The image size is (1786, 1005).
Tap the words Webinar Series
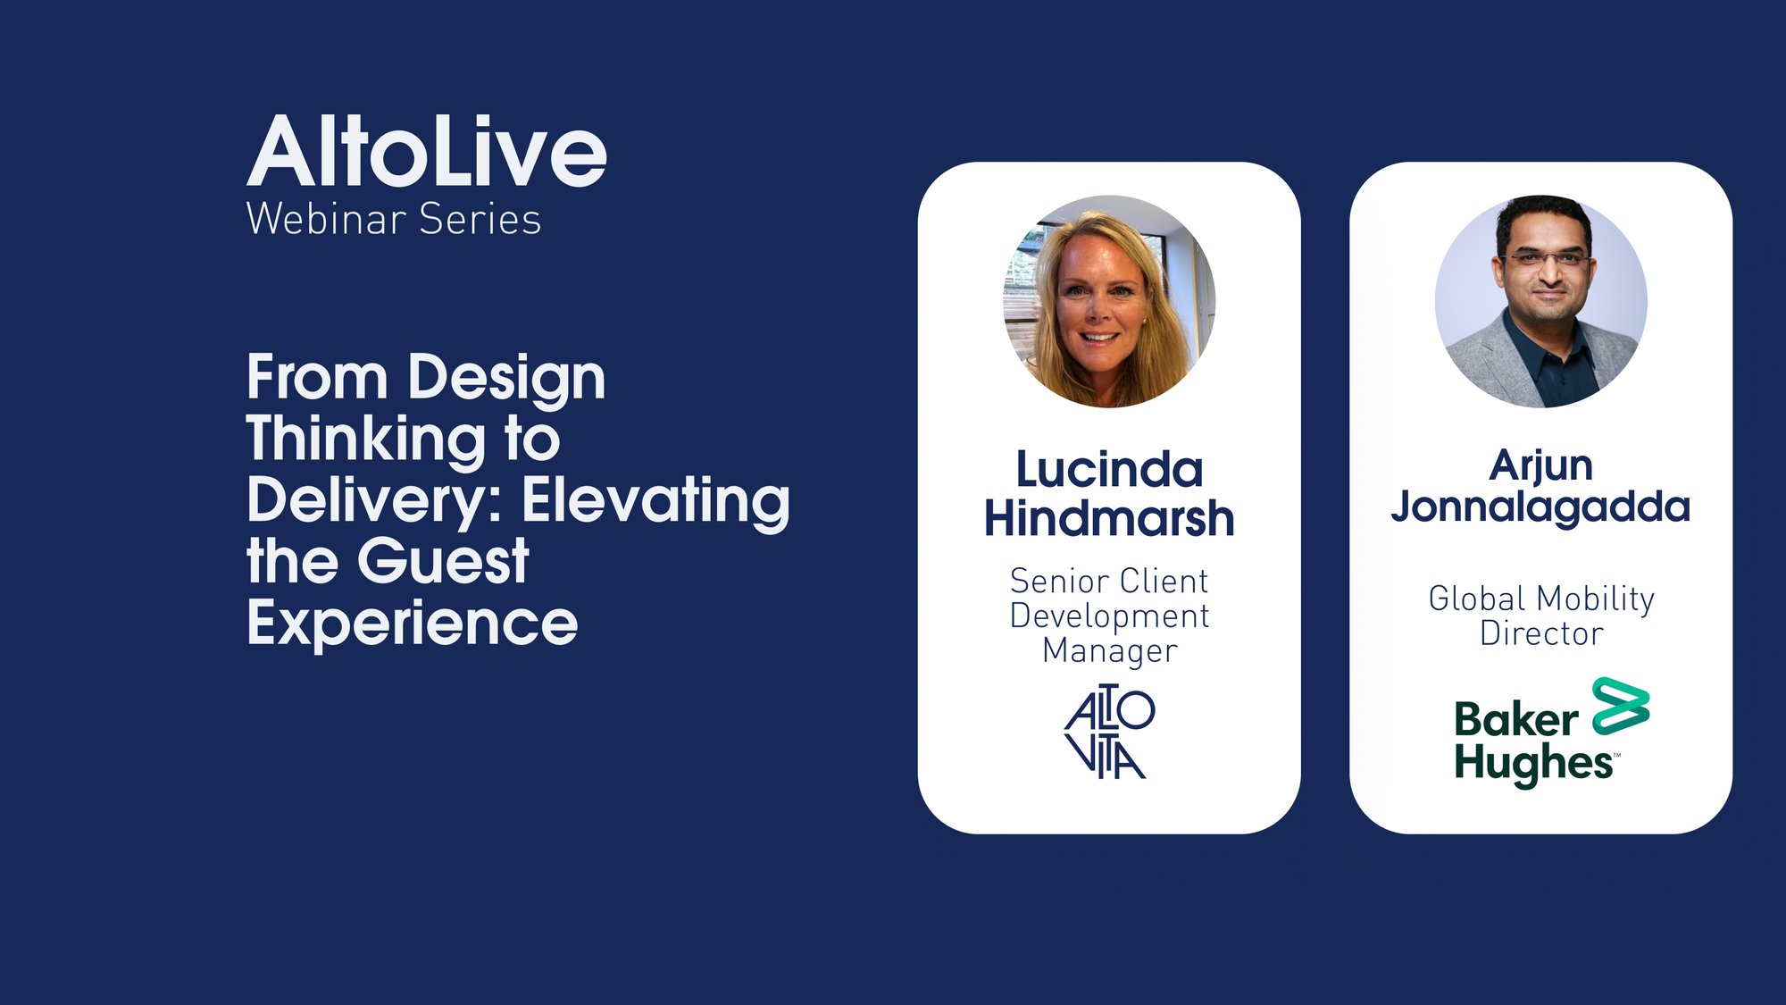394,219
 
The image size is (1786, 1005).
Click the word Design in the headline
507,379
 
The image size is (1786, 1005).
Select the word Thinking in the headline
366,440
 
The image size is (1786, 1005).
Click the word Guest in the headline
443,561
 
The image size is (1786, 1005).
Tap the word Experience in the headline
413,624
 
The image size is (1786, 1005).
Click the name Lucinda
1109,470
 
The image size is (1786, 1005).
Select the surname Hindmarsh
1109,518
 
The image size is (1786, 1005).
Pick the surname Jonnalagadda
1540,507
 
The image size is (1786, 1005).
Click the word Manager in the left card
1109,651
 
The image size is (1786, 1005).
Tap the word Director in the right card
1541,633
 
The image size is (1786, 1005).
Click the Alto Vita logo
1109,732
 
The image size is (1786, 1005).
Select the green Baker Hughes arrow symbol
1621,706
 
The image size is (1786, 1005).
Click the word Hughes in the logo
1533,765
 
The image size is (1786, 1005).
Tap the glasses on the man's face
1547,260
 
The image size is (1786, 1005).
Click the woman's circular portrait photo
1109,302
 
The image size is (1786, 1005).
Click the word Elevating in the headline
656,501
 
